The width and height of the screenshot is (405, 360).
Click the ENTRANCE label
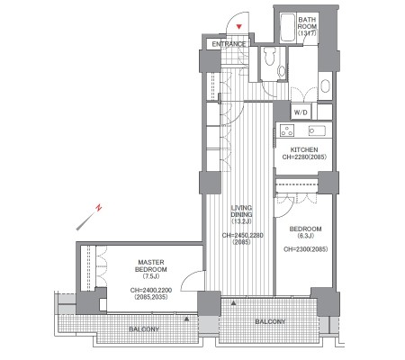click(x=229, y=44)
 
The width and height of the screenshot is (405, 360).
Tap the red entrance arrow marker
click(x=238, y=27)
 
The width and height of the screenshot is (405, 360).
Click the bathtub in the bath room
click(x=287, y=28)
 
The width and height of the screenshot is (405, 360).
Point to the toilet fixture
click(x=269, y=56)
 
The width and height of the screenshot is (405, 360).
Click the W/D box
click(x=301, y=112)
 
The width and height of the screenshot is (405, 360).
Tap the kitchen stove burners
click(x=287, y=130)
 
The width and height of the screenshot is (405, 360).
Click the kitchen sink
click(x=317, y=130)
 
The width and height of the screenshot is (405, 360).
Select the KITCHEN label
click(x=304, y=149)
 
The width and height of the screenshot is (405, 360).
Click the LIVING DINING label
click(x=241, y=211)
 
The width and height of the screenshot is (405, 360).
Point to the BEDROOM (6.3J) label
click(x=305, y=232)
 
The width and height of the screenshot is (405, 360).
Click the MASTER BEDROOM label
click(x=151, y=265)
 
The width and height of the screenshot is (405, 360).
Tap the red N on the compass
click(x=98, y=207)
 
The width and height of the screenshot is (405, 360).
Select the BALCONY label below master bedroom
click(x=144, y=329)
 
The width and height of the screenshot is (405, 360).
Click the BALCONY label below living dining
click(x=270, y=321)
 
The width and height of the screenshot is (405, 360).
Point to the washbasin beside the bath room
click(x=325, y=85)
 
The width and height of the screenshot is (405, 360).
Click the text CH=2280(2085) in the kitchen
click(x=304, y=157)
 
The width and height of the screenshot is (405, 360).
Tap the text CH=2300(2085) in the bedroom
click(x=306, y=249)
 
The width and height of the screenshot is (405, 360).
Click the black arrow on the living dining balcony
click(x=233, y=303)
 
